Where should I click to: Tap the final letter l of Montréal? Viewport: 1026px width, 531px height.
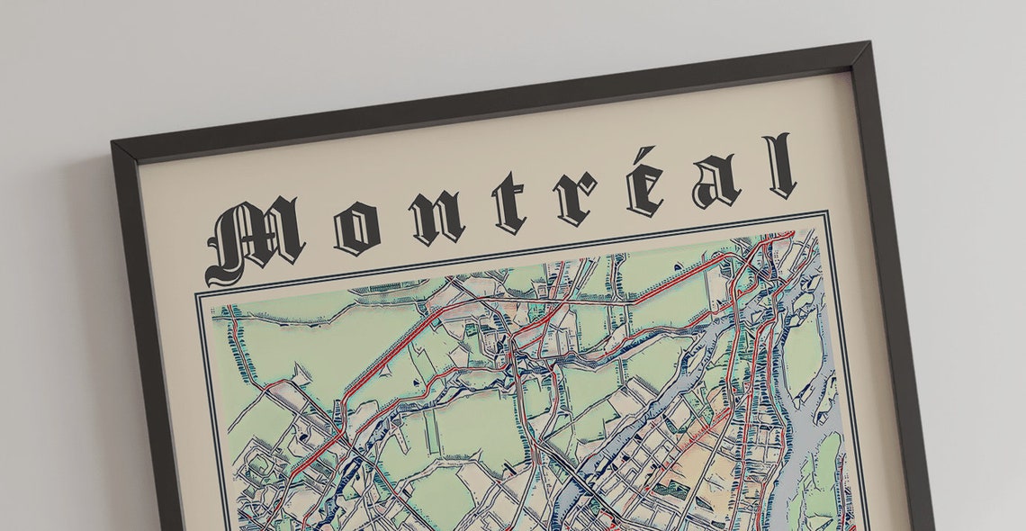(x=779, y=166)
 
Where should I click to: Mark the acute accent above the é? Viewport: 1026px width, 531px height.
(x=647, y=154)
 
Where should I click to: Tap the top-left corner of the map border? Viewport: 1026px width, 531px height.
(x=198, y=294)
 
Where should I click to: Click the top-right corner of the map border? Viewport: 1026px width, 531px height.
(x=825, y=214)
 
